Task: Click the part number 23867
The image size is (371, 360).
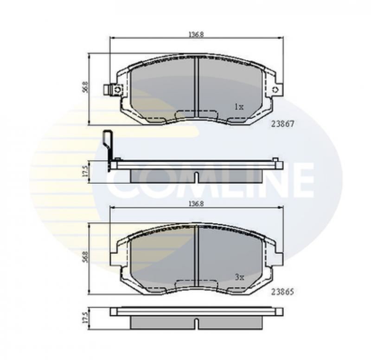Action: tap(282, 124)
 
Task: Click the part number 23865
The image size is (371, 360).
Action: tap(282, 293)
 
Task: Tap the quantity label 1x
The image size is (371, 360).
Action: tap(239, 106)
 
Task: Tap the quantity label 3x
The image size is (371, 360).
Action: tap(239, 277)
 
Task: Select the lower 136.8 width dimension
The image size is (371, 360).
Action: tap(196, 203)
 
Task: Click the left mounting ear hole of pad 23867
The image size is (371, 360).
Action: tap(118, 89)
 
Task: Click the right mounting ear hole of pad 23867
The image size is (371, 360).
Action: tap(276, 90)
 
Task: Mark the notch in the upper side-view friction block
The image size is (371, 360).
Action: tap(197, 178)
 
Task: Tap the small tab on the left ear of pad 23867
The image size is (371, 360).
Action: tap(109, 89)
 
